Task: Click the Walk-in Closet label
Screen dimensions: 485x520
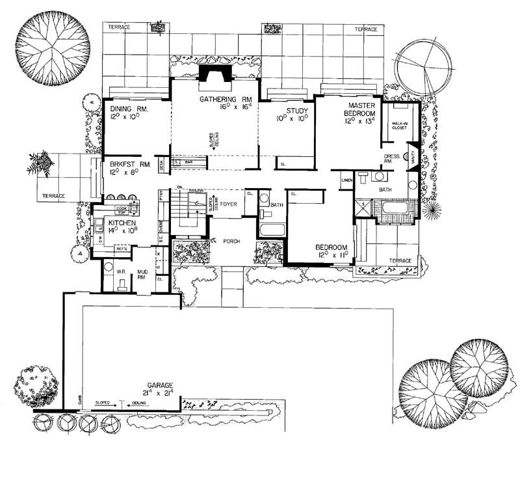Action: point(399,125)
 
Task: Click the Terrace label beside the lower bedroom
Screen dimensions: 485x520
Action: point(400,261)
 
